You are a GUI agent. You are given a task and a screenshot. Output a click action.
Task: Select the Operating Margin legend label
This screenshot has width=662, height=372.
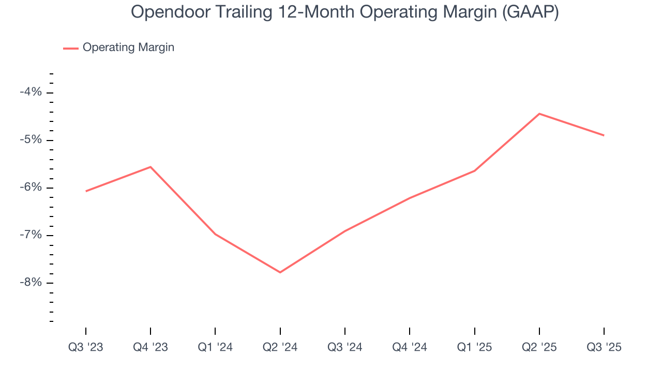pos(128,48)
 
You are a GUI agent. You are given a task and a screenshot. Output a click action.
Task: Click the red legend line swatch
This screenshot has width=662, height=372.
pos(71,48)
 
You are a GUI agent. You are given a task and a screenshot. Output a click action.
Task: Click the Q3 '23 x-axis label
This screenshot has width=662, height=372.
pos(86,348)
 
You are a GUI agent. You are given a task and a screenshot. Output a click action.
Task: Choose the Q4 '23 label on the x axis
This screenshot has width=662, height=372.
pos(151,348)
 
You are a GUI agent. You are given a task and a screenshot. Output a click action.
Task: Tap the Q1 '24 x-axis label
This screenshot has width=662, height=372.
pos(215,348)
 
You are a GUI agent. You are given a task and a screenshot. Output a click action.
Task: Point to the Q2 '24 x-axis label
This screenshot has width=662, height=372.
pos(280,348)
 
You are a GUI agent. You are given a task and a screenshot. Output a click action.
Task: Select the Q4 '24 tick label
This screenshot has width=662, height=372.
pos(410,348)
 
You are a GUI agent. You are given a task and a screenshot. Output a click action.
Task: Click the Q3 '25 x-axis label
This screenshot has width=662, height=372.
pos(604,348)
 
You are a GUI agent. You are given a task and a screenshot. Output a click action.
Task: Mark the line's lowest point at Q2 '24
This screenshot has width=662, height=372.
pos(280,272)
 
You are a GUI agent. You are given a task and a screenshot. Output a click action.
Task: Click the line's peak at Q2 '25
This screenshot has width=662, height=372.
pos(539,114)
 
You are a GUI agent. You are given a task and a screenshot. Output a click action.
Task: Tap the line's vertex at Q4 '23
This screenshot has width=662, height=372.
pos(151,167)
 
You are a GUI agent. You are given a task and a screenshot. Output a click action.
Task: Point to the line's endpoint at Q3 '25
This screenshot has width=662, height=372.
pos(604,135)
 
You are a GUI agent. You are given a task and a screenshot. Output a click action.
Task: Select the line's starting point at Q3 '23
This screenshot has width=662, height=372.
pos(86,191)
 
